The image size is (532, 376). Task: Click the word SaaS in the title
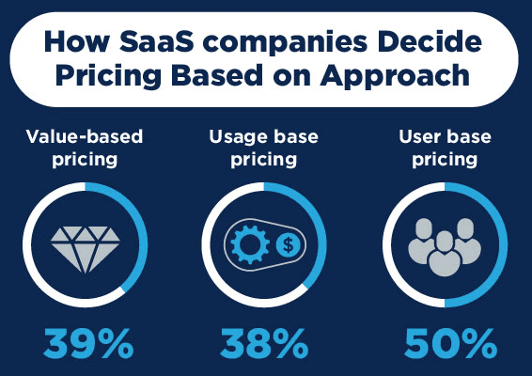tap(157, 41)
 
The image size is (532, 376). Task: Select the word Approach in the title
tap(395, 76)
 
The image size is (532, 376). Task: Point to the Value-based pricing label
tap(85, 148)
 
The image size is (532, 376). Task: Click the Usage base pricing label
tap(264, 148)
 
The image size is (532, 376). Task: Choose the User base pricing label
tap(445, 148)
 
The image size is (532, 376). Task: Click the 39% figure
tap(88, 343)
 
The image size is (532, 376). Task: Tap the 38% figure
tap(264, 343)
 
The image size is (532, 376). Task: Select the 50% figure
tap(450, 343)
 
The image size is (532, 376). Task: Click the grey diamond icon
tap(86, 249)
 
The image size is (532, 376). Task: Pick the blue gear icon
tap(250, 244)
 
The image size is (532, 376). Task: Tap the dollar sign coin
tap(288, 244)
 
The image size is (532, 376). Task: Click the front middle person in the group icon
tap(445, 254)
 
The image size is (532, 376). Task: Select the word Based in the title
tap(217, 74)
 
